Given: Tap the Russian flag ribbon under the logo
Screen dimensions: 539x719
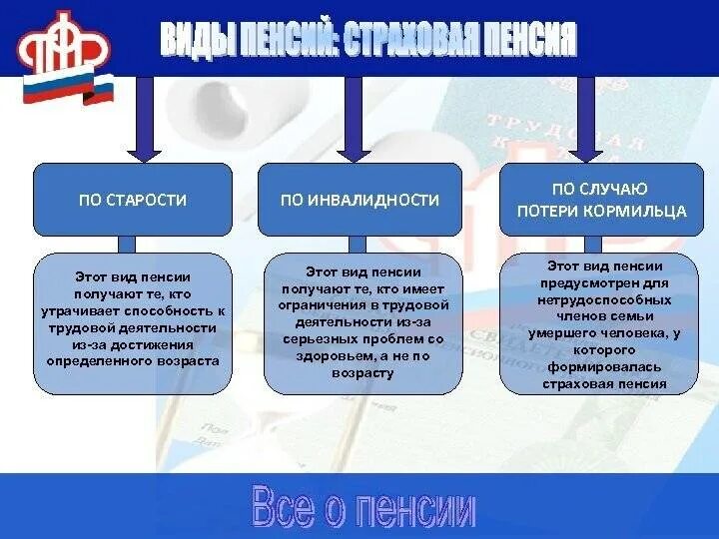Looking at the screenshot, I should (97, 90).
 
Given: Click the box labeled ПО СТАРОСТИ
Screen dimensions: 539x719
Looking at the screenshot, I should (133, 200).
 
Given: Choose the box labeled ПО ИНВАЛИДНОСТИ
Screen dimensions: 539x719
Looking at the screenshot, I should (359, 200).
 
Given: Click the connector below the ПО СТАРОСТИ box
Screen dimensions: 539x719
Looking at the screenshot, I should (127, 245).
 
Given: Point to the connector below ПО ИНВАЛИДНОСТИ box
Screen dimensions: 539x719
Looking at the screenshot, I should (358, 245).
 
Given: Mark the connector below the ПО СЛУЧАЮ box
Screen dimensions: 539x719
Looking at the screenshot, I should (592, 245).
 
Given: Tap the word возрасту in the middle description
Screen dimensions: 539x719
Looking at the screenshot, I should (360, 372).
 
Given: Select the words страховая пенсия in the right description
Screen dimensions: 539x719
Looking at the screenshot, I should (600, 384).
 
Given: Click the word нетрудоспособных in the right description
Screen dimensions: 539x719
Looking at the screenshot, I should (600, 298).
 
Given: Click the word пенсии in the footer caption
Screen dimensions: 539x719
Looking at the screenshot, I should (418, 510).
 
